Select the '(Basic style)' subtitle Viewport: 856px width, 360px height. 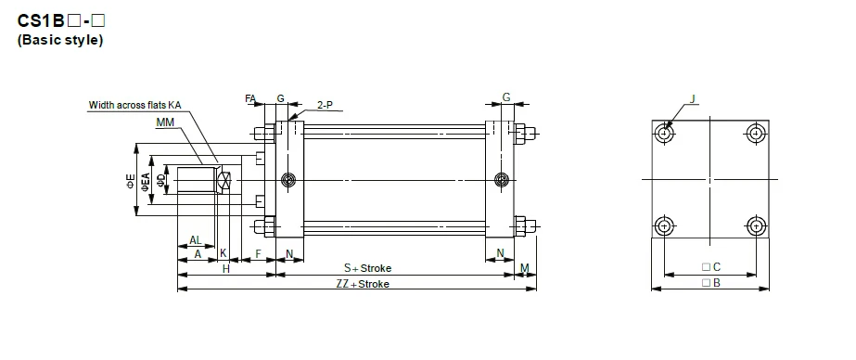(60, 41)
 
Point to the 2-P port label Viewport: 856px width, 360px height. (325, 105)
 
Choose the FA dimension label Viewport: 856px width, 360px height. (250, 97)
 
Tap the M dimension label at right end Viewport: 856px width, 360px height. (524, 268)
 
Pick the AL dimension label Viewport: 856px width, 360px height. (196, 239)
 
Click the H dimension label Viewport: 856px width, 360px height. (225, 268)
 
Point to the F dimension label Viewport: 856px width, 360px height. (258, 253)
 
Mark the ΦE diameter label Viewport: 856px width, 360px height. (131, 181)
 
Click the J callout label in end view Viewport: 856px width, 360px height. (693, 97)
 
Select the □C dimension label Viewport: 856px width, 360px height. (712, 267)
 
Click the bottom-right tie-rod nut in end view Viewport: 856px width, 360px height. (756, 225)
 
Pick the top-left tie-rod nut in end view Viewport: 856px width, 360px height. (664, 134)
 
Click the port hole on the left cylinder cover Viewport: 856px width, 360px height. (289, 179)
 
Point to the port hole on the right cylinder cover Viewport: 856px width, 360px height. (502, 179)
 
